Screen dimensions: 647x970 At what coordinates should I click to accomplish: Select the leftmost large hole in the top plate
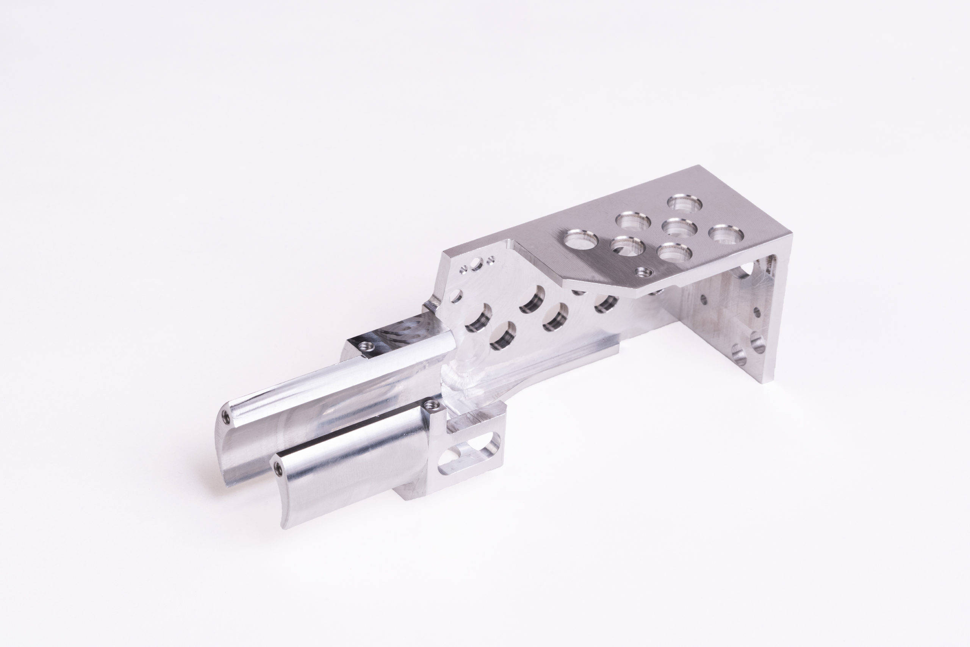(x=581, y=240)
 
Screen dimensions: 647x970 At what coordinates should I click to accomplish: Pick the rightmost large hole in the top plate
(x=726, y=234)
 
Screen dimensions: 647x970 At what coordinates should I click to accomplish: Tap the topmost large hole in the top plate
(x=685, y=203)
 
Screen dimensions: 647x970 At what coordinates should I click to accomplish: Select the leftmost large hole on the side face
(x=479, y=319)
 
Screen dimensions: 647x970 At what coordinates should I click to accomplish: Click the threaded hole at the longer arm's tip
(x=225, y=417)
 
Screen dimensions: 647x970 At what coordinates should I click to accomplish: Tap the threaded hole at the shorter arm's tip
(x=277, y=467)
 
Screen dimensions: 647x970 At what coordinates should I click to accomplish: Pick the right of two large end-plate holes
(x=757, y=343)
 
